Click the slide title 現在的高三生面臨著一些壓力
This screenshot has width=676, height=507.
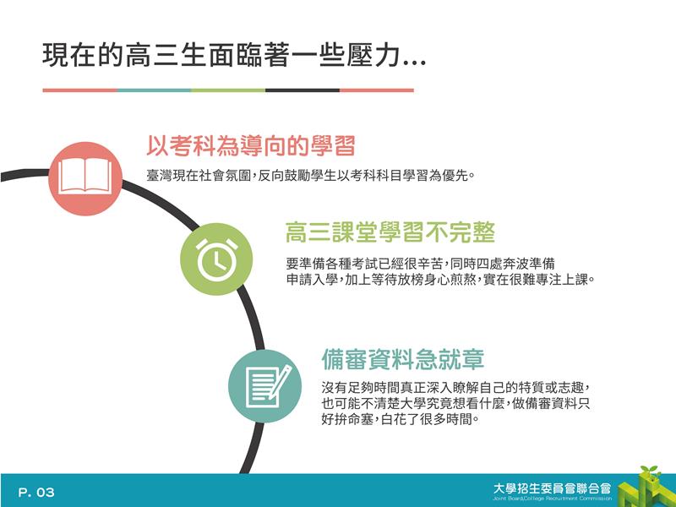[x=234, y=55]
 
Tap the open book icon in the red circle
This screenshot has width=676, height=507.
[x=85, y=176]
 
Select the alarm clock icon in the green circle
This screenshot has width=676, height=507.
[x=216, y=259]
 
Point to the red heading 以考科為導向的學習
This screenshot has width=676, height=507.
[x=250, y=145]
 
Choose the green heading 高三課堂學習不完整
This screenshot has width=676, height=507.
[x=390, y=232]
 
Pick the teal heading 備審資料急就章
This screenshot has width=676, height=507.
[x=403, y=360]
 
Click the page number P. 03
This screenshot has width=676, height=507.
[x=36, y=493]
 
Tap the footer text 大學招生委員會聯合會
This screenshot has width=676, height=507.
[x=553, y=488]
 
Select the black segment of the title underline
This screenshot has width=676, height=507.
[x=303, y=90]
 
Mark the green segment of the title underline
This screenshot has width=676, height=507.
[x=228, y=90]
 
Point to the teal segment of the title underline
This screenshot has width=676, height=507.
[x=154, y=90]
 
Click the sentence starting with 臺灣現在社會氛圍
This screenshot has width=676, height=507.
[x=310, y=176]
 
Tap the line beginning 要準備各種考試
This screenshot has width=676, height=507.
[x=420, y=264]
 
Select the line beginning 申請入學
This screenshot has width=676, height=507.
[x=440, y=280]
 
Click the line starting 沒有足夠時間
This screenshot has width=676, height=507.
[x=455, y=388]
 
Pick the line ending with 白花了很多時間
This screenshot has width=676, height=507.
[x=401, y=418]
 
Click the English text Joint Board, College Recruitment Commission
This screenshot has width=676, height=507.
[x=553, y=499]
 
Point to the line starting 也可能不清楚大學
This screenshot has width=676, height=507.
[x=455, y=404]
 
